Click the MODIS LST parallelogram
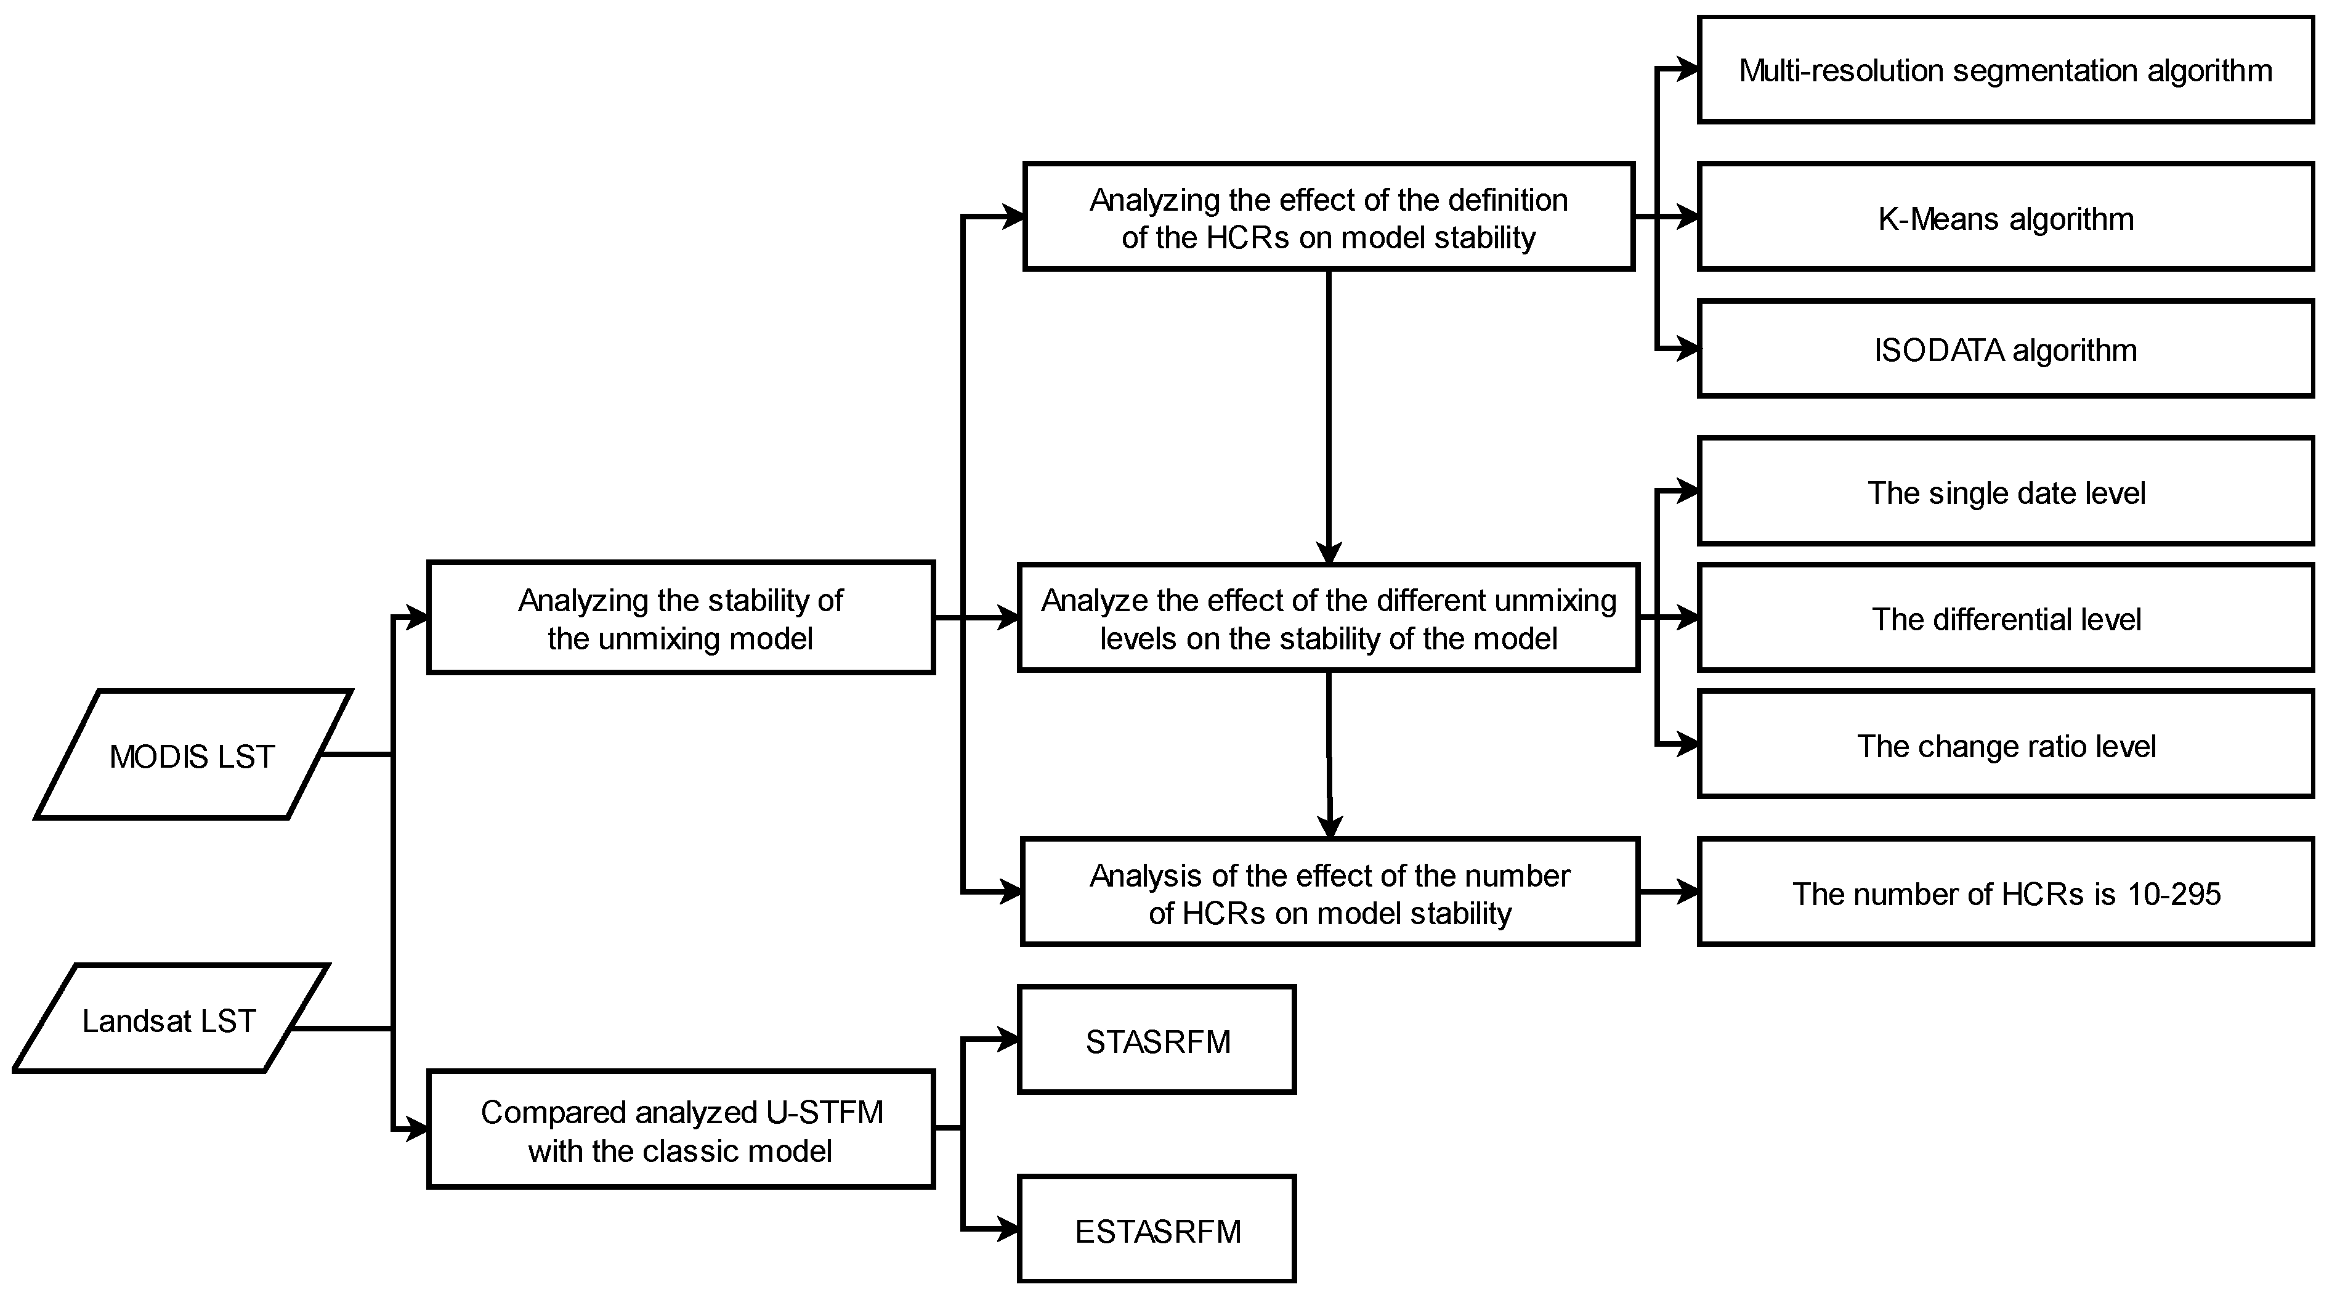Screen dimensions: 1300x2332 [x=192, y=755]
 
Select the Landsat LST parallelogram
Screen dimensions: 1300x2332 [x=169, y=1019]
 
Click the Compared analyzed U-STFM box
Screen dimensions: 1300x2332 [x=681, y=1130]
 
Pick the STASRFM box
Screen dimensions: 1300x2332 [x=1157, y=1040]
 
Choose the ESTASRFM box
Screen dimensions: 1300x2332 [x=1157, y=1229]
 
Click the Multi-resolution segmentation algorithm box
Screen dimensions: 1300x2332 [x=2005, y=70]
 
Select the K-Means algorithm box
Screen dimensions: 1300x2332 [x=2005, y=217]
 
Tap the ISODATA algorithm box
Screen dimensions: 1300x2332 [x=2005, y=349]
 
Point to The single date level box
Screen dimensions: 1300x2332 [x=2005, y=492]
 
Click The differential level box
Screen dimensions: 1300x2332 [x=2005, y=619]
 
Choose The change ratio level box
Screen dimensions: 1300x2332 [x=2005, y=745]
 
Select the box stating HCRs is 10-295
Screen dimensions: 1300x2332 [x=2005, y=893]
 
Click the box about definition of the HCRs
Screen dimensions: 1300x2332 [x=1328, y=217]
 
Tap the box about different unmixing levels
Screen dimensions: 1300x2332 [x=1328, y=619]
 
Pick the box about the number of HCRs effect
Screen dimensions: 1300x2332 [x=1329, y=893]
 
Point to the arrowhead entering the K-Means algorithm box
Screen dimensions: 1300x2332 [x=1688, y=217]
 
